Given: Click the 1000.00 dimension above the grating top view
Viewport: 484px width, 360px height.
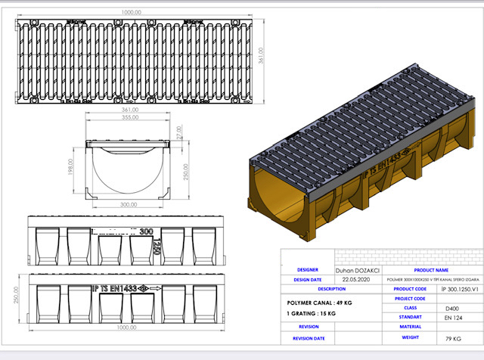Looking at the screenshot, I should tap(134, 13).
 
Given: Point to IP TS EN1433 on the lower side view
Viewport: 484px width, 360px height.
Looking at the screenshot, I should tap(115, 287).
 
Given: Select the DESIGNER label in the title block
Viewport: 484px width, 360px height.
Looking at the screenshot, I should tap(307, 268).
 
